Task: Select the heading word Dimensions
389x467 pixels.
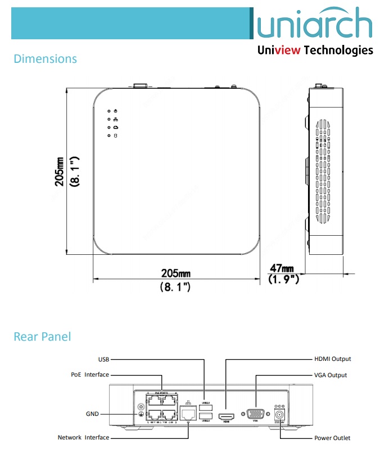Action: click(45, 58)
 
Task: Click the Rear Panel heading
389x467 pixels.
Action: click(42, 337)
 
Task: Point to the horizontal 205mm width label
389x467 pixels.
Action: click(176, 273)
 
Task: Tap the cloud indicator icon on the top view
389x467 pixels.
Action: click(115, 128)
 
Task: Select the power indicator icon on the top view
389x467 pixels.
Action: click(115, 112)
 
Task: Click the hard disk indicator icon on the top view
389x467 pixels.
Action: click(115, 136)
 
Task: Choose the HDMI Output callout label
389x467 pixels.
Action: click(332, 359)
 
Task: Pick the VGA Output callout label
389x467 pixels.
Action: click(330, 375)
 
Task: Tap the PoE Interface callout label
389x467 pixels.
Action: click(90, 374)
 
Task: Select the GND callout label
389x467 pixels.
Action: click(92, 414)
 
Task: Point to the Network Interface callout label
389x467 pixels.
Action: click(83, 437)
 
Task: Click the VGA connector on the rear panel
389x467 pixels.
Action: click(256, 414)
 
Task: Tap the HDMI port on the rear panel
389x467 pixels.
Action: click(226, 415)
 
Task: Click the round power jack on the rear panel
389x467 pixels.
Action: click(279, 415)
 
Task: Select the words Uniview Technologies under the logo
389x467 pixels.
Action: click(315, 51)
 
